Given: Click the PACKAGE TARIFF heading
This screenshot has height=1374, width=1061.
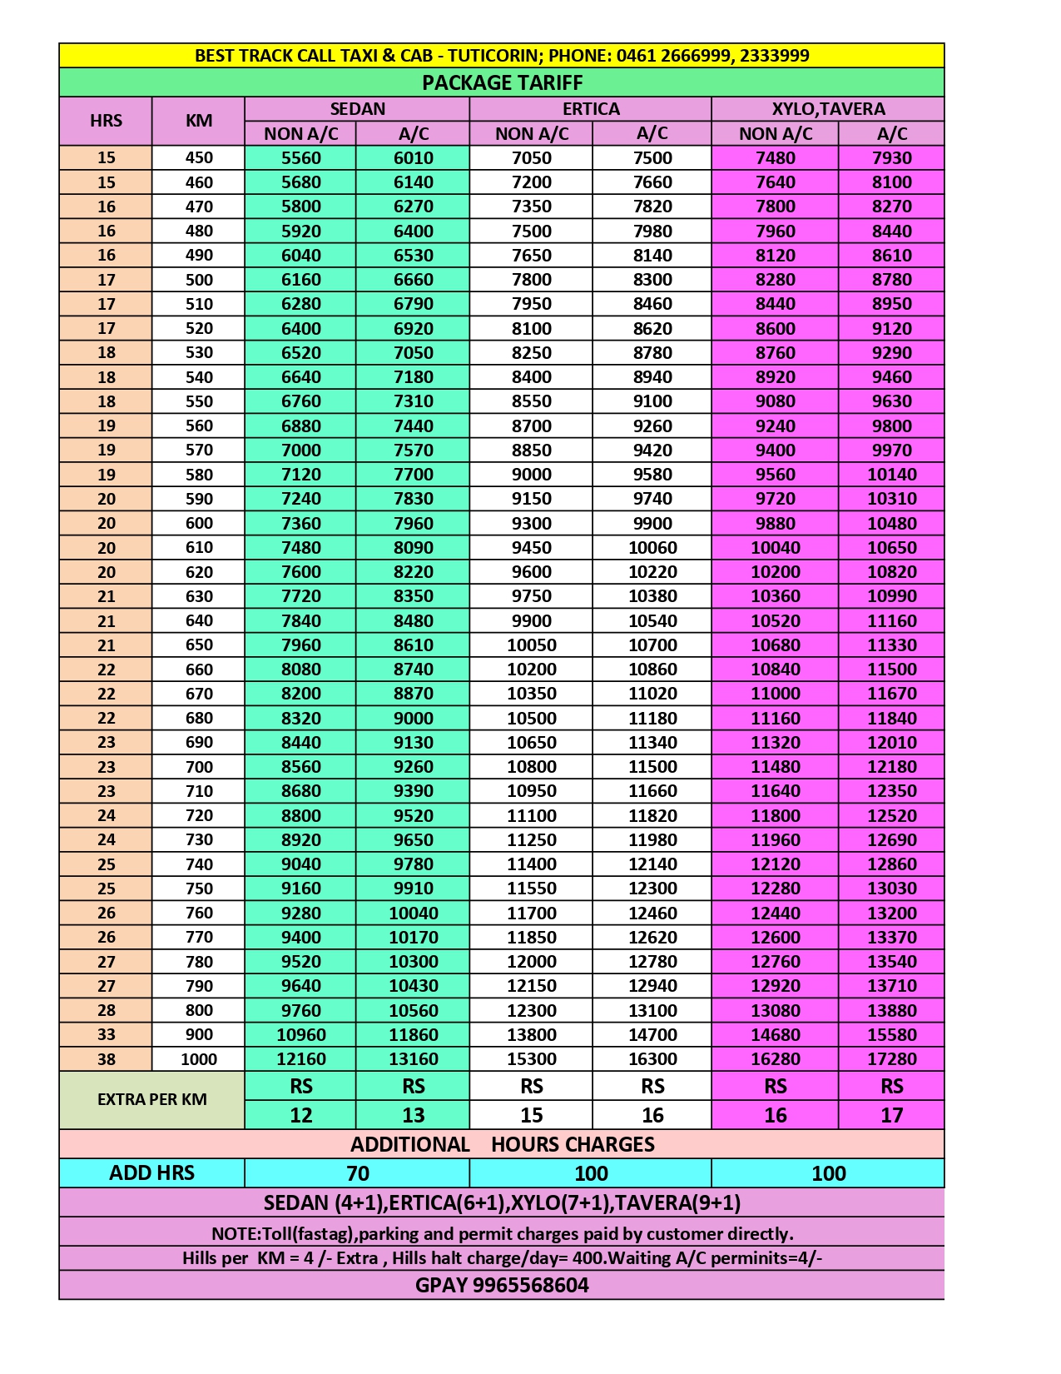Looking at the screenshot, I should pyautogui.click(x=502, y=82).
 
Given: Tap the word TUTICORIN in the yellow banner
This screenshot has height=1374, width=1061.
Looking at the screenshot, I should pyautogui.click(x=493, y=56).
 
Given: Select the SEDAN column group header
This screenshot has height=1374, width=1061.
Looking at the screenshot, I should pyautogui.click(x=357, y=109).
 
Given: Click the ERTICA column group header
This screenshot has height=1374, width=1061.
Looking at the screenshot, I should pyautogui.click(x=591, y=109).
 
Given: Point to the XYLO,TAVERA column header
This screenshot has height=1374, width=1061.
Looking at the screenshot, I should pyautogui.click(x=828, y=109).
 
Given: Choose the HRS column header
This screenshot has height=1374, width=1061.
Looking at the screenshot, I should pyautogui.click(x=106, y=121).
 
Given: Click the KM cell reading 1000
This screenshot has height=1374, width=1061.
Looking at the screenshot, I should pyautogui.click(x=199, y=1059).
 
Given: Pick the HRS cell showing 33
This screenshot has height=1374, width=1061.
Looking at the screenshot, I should pyautogui.click(x=106, y=1035).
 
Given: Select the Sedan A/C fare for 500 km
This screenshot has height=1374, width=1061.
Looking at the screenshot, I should pyautogui.click(x=413, y=280).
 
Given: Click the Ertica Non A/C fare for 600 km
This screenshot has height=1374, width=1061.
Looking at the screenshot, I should pyautogui.click(x=532, y=523).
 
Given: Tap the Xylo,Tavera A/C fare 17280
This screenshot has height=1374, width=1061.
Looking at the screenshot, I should pyautogui.click(x=891, y=1059).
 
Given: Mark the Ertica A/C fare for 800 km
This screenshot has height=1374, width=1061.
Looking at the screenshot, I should pyautogui.click(x=652, y=1010).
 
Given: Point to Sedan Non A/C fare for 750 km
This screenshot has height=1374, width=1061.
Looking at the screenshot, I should pyautogui.click(x=300, y=889).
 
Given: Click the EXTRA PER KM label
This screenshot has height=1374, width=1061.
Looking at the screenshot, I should pyautogui.click(x=152, y=1099).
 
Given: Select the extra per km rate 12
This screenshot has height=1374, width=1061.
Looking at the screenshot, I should pyautogui.click(x=300, y=1115).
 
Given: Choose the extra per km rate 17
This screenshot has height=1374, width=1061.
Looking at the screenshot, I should pyautogui.click(x=891, y=1115).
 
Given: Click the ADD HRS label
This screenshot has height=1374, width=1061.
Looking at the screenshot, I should pyautogui.click(x=152, y=1173).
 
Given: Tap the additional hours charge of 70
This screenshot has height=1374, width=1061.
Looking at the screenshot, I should pyautogui.click(x=357, y=1173).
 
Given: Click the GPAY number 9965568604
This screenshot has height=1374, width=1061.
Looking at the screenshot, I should pyautogui.click(x=530, y=1285).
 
